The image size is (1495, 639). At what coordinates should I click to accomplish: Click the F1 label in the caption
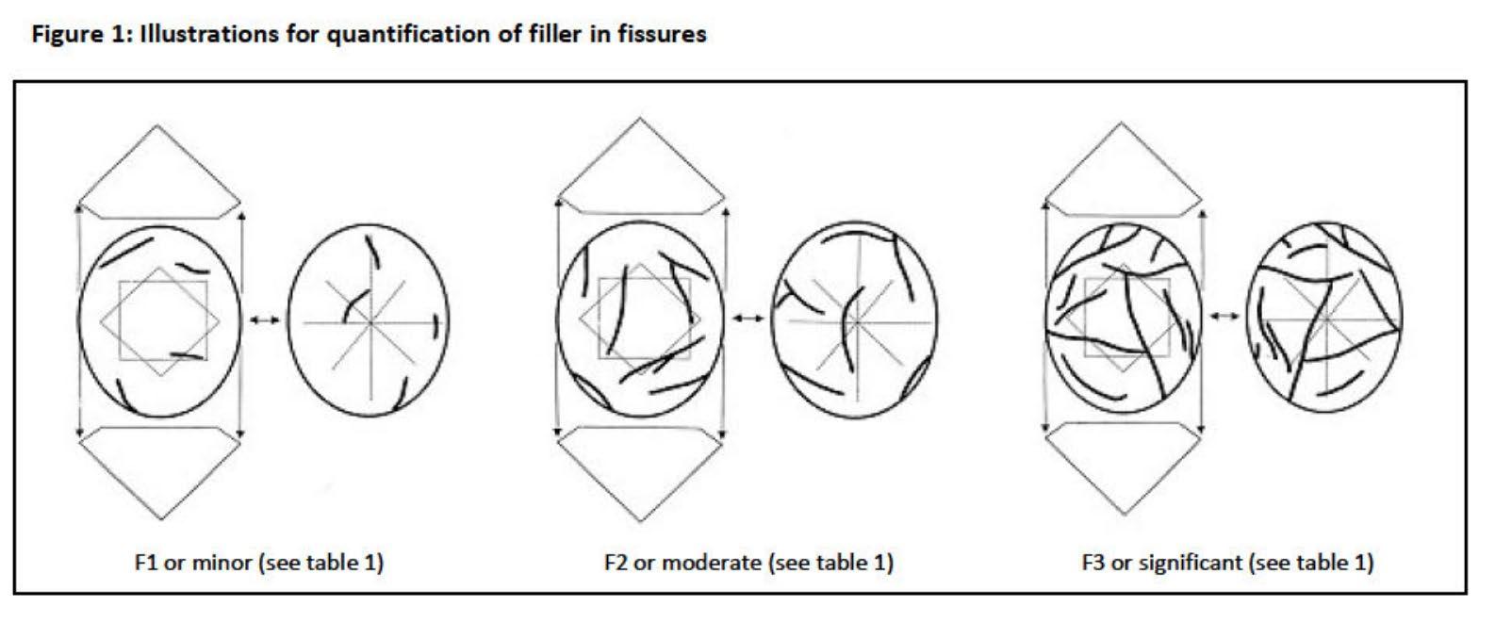coord(146,563)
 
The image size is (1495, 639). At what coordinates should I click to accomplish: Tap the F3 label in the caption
coord(1093,563)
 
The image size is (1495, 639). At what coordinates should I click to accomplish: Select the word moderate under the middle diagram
coord(716,563)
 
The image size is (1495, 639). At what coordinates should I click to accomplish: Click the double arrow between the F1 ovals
coord(264,320)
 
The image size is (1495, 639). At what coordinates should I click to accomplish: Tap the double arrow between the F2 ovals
coord(748,319)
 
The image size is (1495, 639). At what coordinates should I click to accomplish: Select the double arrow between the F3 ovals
coord(1224,316)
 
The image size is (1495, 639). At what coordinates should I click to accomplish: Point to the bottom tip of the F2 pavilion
coord(641,521)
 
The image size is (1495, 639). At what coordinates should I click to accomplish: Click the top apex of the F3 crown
coord(1123,123)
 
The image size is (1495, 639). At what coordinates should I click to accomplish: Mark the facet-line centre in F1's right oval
coord(370,322)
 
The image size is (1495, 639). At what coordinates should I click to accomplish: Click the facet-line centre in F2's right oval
coord(855,321)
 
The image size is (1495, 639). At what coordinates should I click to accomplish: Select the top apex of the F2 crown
coord(641,119)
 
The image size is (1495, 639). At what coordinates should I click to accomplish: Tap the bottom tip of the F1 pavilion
coord(160,519)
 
